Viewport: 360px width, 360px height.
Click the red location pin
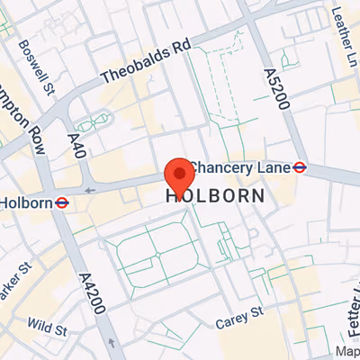click(x=180, y=172)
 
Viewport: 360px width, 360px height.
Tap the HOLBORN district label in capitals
click(x=215, y=195)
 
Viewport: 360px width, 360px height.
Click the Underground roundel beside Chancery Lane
click(x=300, y=166)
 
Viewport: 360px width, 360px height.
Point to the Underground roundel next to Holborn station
click(x=62, y=202)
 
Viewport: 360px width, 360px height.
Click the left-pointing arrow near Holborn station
click(x=88, y=191)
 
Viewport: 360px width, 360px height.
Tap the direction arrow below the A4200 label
click(x=110, y=343)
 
